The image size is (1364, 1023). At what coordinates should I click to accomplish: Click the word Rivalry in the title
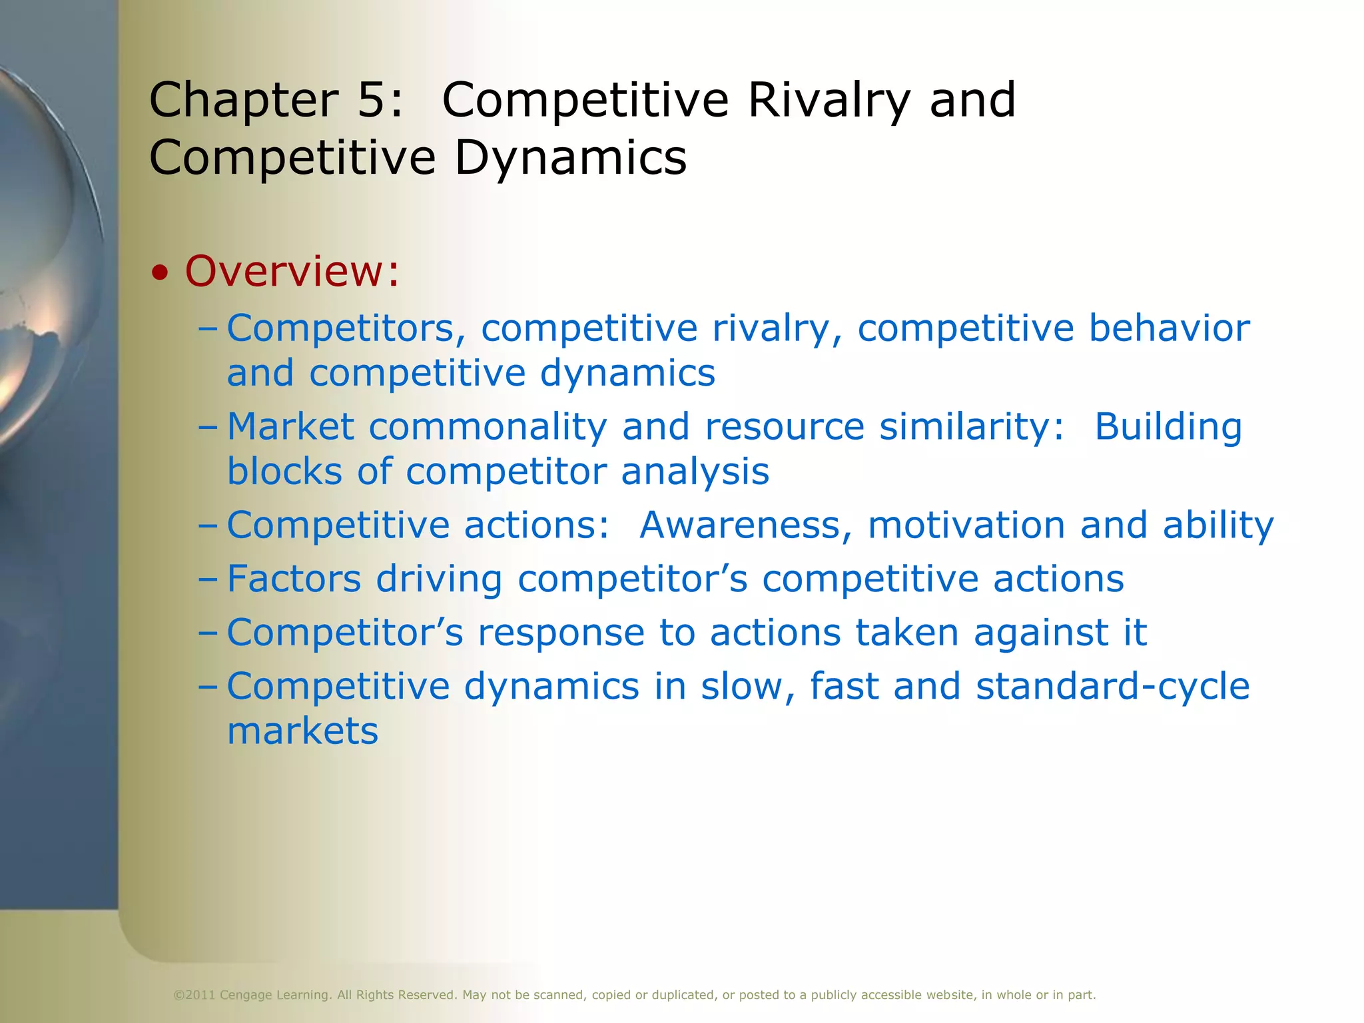pos(829,101)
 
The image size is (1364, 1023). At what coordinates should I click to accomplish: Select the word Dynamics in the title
pos(571,159)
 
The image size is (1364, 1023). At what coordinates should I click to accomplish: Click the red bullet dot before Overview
pos(159,273)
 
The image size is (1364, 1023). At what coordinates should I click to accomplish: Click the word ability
pos(1218,526)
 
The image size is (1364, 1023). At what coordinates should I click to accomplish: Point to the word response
pos(561,633)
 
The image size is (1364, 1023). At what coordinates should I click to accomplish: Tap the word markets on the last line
pos(302,731)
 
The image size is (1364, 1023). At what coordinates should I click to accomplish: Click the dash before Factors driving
pos(208,579)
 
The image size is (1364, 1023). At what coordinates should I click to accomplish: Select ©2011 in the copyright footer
pos(194,995)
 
